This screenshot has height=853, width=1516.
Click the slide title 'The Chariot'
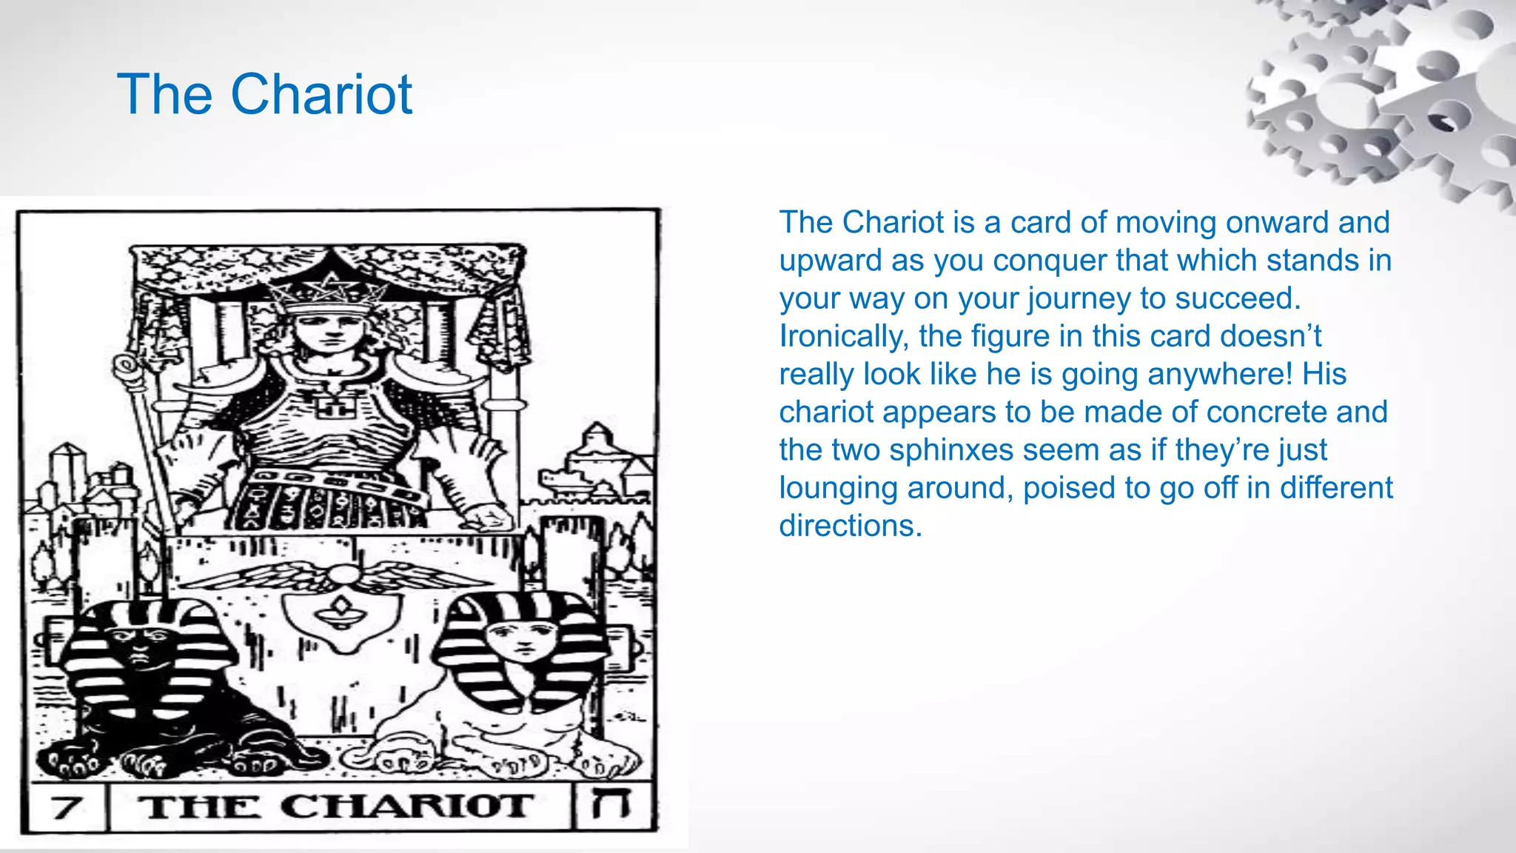[x=264, y=95]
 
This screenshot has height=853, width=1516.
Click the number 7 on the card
[x=67, y=806]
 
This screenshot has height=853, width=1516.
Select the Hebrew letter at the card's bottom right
[x=612, y=805]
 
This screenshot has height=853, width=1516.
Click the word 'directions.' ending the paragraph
[x=850, y=526]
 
